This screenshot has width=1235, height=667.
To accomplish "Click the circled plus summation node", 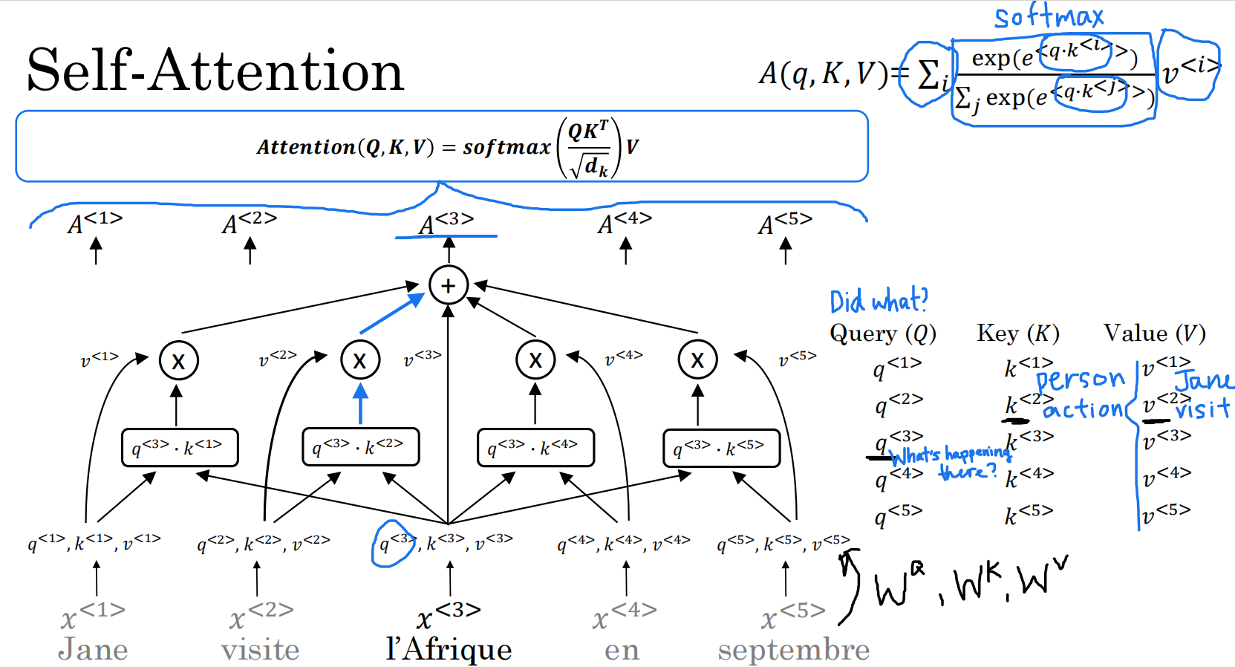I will click(448, 285).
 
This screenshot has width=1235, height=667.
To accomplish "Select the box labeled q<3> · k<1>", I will click(179, 447).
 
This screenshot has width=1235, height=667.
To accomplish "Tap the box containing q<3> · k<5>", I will click(720, 448).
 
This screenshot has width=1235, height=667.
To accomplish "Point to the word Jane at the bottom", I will click(93, 650).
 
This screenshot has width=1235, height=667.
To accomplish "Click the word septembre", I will click(793, 650).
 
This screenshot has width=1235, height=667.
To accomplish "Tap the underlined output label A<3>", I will click(446, 223).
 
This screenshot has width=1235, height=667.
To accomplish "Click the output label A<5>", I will click(785, 223).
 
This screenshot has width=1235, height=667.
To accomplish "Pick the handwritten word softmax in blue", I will click(1049, 16).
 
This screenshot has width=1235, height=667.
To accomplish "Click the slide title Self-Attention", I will click(215, 71).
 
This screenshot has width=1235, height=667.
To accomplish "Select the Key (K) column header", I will click(1017, 333).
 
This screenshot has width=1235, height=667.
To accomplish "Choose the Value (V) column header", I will click(1154, 333).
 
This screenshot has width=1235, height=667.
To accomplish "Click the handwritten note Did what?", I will click(879, 302).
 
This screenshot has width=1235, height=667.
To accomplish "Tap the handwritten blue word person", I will click(1081, 380).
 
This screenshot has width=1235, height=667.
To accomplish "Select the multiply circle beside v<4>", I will click(535, 360).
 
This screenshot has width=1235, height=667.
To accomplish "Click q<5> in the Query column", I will click(897, 514).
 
